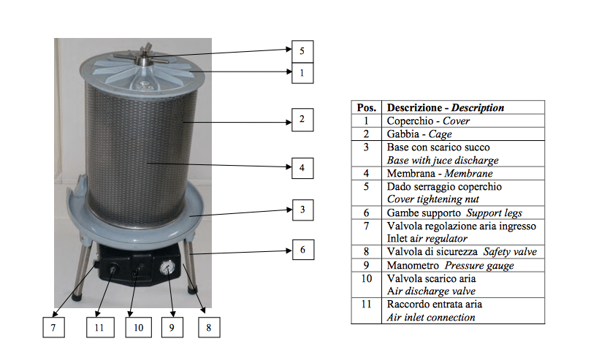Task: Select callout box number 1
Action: pos(301,72)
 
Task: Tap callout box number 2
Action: pos(301,119)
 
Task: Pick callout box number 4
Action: pos(301,166)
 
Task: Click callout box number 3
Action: pos(301,210)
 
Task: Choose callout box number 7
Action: pos(53,328)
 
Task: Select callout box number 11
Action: pos(99,328)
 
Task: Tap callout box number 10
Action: pos(138,328)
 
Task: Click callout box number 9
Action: pos(172,328)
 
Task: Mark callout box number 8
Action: pos(208,328)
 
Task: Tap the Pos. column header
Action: pos(367,107)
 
